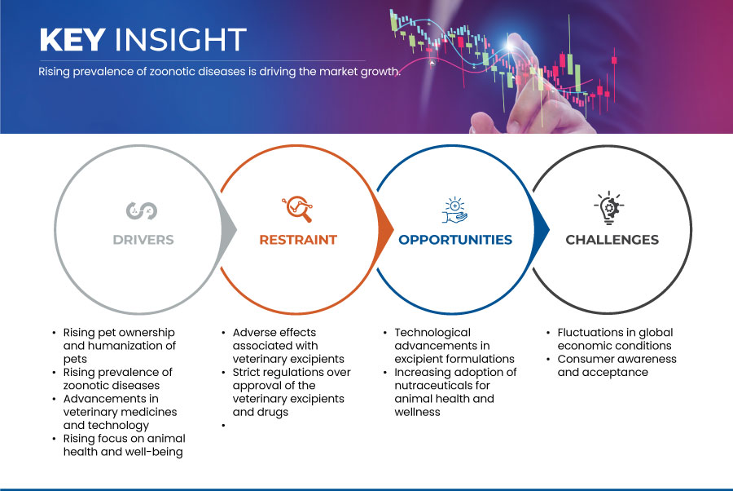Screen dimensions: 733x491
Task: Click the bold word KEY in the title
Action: [72, 39]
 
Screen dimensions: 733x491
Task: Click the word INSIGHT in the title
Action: [181, 39]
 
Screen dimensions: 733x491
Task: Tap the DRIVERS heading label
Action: [143, 240]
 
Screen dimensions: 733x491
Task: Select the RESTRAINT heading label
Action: [298, 240]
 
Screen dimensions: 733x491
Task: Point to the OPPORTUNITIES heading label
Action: [455, 240]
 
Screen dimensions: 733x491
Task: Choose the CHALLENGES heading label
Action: [612, 240]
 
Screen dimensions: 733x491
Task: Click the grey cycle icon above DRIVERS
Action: [142, 210]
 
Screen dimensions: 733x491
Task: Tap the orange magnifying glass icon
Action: [297, 209]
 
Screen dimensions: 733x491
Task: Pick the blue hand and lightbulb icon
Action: [454, 210]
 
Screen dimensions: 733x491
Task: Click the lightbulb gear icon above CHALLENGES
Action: [609, 208]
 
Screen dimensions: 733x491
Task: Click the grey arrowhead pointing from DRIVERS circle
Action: [228, 229]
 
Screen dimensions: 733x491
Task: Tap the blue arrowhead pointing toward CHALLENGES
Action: [541, 229]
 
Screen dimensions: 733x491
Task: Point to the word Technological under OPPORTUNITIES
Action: [432, 333]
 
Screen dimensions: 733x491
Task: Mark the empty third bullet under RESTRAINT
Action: [224, 426]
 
